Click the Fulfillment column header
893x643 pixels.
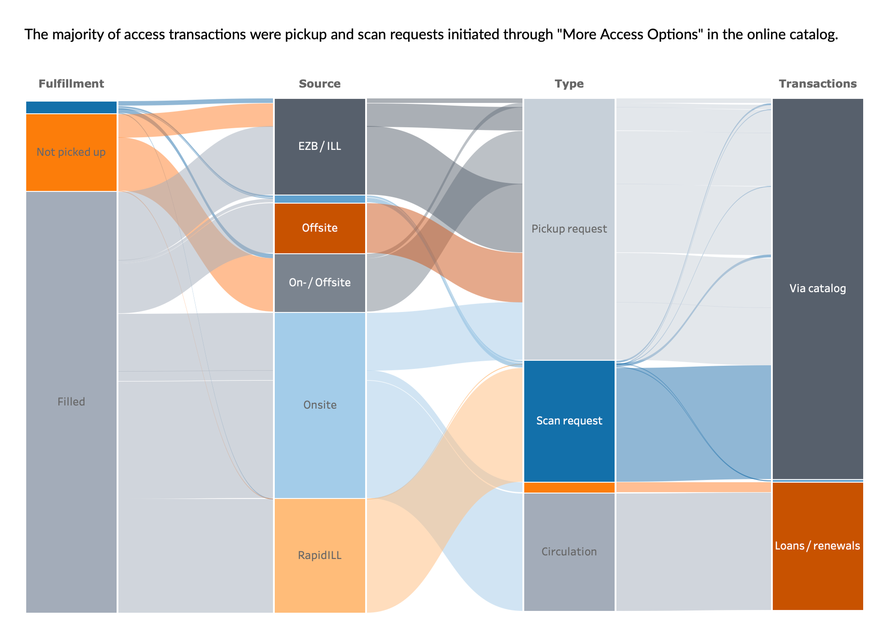71,84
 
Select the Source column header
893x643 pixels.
320,84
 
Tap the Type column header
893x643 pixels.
569,84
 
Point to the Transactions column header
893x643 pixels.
818,84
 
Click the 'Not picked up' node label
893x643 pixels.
71,152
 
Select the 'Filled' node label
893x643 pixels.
71,401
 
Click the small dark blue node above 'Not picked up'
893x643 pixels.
71,107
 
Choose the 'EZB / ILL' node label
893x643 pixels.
320,146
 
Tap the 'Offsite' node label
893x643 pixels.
320,228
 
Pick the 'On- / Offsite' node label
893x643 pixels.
320,283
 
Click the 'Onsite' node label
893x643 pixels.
320,405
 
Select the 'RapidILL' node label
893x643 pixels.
320,555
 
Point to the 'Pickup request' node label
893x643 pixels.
569,229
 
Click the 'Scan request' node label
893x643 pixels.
569,421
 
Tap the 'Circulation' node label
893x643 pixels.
569,552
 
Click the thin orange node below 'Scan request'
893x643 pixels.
569,488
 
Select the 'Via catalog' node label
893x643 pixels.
818,289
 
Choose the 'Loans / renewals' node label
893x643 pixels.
818,546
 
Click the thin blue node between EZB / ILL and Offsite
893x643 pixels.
320,199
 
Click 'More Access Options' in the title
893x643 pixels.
629,35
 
